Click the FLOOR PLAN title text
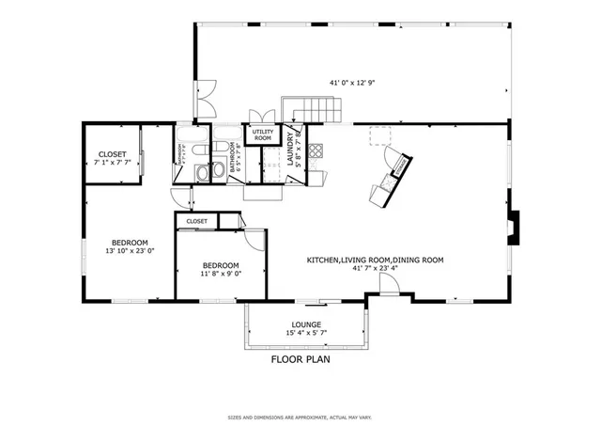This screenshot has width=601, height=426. (x=300, y=358)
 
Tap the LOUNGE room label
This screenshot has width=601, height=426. (x=306, y=324)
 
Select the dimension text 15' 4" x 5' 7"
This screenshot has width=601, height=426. (x=306, y=334)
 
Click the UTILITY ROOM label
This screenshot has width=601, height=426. (x=263, y=134)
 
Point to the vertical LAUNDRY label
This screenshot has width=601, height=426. (x=291, y=150)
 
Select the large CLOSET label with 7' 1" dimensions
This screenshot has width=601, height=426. (x=113, y=154)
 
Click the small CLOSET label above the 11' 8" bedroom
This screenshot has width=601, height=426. (x=197, y=221)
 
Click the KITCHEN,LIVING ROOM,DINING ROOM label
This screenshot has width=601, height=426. (x=375, y=260)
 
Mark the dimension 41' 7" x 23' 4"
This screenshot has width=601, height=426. (x=375, y=269)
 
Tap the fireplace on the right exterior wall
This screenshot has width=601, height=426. (x=511, y=227)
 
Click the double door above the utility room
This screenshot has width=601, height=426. (x=260, y=116)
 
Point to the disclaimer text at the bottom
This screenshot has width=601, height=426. (x=300, y=416)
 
